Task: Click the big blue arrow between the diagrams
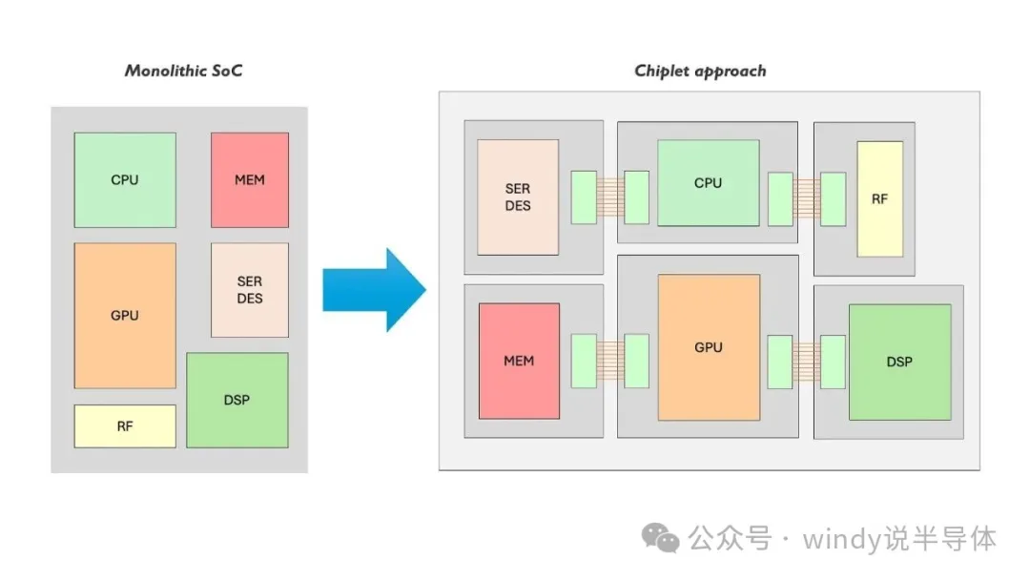pyautogui.click(x=374, y=290)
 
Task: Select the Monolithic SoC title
pyautogui.click(x=183, y=71)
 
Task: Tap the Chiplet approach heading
pyautogui.click(x=700, y=71)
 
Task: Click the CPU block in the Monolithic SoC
pyautogui.click(x=125, y=180)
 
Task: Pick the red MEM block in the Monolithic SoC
pyautogui.click(x=250, y=180)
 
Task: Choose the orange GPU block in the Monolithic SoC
pyautogui.click(x=125, y=316)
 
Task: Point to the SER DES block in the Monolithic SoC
pyautogui.click(x=250, y=290)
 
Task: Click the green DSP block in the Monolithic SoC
pyautogui.click(x=237, y=400)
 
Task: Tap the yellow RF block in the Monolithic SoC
pyautogui.click(x=125, y=426)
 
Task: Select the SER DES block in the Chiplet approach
pyautogui.click(x=518, y=197)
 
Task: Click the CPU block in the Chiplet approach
pyautogui.click(x=708, y=183)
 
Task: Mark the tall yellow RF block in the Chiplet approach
pyautogui.click(x=879, y=199)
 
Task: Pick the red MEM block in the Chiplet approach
pyautogui.click(x=519, y=361)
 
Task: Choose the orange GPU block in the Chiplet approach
pyautogui.click(x=709, y=347)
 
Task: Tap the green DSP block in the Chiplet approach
pyautogui.click(x=899, y=362)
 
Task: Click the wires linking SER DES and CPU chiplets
pyautogui.click(x=610, y=197)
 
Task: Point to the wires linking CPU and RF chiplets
pyautogui.click(x=807, y=198)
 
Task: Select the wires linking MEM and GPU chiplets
pyautogui.click(x=610, y=361)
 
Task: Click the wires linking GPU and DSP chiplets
pyautogui.click(x=807, y=362)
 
